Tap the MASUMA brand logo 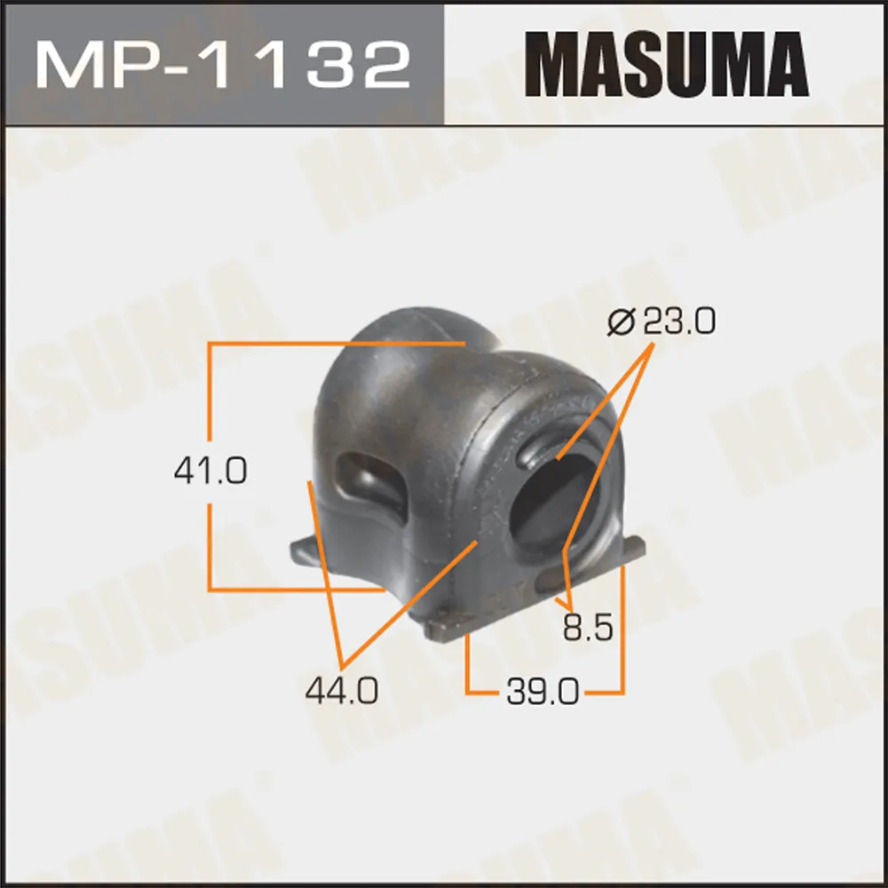click(667, 64)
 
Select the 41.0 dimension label click(210, 472)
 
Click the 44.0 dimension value click(342, 691)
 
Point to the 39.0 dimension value click(543, 692)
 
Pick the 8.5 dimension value click(588, 628)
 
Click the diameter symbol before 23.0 click(622, 321)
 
